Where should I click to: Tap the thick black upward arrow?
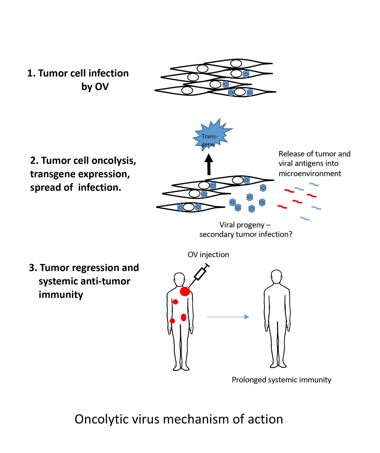point(209,164)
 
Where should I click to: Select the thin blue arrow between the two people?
point(228,317)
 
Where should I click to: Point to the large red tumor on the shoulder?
point(185,291)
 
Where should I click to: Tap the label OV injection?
point(208,255)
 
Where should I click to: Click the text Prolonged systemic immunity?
point(282,380)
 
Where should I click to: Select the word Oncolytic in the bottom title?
point(98,419)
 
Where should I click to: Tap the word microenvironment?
point(310,173)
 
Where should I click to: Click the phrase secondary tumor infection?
point(246,234)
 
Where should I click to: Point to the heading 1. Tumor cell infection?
point(78,73)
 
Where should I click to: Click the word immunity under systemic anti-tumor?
point(61,295)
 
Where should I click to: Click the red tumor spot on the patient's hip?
point(172,321)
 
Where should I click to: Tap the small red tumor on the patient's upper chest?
point(175,302)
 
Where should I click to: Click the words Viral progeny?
point(242,225)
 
